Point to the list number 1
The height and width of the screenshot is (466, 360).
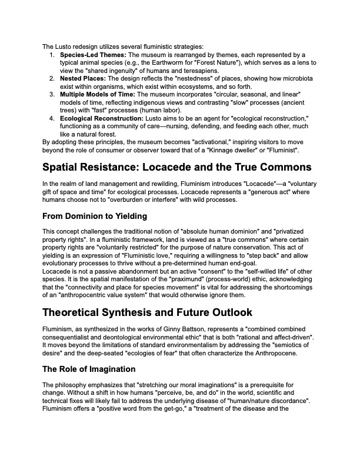pos(52,55)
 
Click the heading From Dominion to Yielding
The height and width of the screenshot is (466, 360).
pos(95,216)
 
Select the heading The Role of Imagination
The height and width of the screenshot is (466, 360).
pos(89,369)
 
